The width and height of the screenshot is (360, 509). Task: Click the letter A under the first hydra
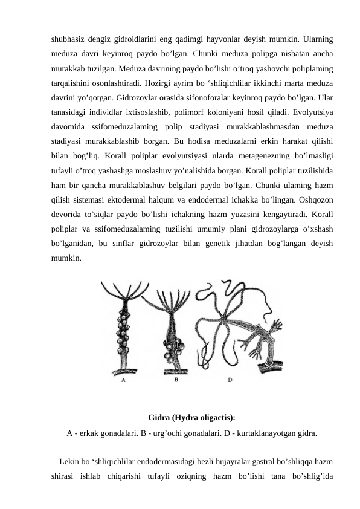click(x=123, y=381)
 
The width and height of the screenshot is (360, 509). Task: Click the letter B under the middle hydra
click(x=176, y=381)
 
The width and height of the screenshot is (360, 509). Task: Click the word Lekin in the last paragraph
click(x=71, y=463)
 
